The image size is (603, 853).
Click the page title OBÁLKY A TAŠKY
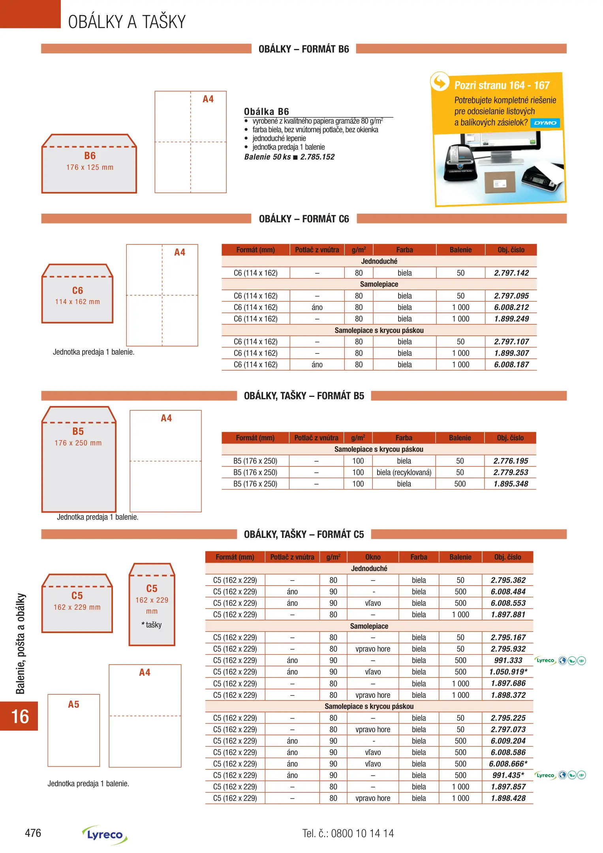click(x=127, y=22)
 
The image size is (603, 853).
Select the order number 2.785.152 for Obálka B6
click(x=317, y=157)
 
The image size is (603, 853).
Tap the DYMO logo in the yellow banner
click(x=545, y=123)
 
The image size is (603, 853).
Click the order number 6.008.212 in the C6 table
click(x=511, y=307)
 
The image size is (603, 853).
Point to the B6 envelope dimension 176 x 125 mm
click(x=90, y=167)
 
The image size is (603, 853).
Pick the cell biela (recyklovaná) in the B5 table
click(x=404, y=472)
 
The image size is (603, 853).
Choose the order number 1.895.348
click(x=511, y=484)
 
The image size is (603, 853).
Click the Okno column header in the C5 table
click(x=373, y=557)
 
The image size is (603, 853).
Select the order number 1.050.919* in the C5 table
click(x=508, y=672)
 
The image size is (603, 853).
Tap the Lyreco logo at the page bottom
click(x=105, y=834)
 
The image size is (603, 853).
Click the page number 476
click(x=33, y=833)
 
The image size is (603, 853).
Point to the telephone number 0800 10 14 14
click(x=362, y=833)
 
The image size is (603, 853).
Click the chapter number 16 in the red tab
click(x=20, y=716)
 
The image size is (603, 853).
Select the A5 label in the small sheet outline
click(x=73, y=705)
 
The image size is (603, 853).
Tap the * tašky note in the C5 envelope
click(x=152, y=625)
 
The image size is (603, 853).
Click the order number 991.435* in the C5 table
click(x=508, y=775)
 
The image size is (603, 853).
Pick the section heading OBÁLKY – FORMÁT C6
click(x=304, y=219)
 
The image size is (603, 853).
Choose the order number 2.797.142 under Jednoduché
click(x=511, y=273)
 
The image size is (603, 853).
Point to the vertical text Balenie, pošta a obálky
click(x=21, y=643)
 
